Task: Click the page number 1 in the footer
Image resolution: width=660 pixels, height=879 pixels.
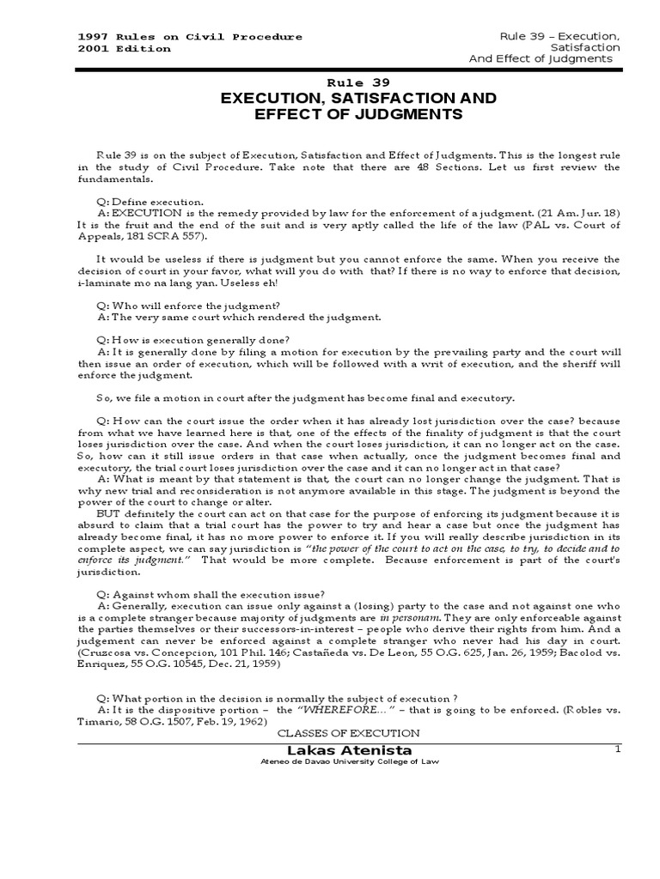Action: [x=616, y=749]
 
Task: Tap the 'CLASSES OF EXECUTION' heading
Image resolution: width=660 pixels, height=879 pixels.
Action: [x=348, y=733]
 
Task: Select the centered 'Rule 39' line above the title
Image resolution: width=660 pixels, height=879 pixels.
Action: [x=341, y=82]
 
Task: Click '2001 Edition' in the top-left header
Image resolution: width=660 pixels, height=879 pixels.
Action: [x=124, y=48]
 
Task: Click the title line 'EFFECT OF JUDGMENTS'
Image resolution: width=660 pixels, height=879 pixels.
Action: [x=341, y=114]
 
